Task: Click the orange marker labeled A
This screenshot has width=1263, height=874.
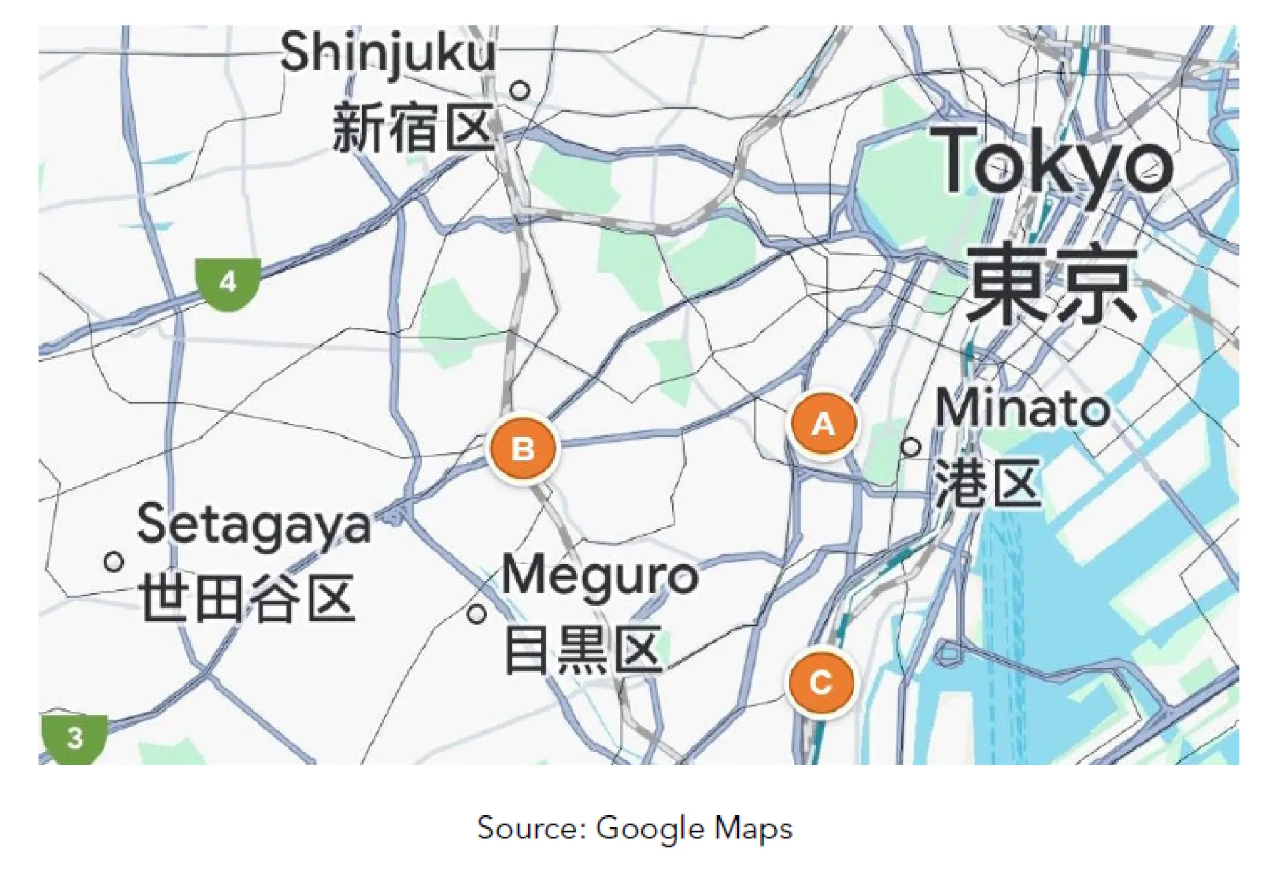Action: pyautogui.click(x=824, y=424)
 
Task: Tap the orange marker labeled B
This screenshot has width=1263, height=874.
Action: pyautogui.click(x=523, y=449)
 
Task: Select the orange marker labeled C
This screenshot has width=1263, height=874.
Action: pyautogui.click(x=821, y=682)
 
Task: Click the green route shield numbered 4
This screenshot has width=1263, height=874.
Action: pyautogui.click(x=228, y=283)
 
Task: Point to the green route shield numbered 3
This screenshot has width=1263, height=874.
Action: pyautogui.click(x=75, y=738)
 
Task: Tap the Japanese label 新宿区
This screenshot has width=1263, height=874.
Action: pyautogui.click(x=412, y=128)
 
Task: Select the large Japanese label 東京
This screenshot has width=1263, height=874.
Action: pyautogui.click(x=1052, y=283)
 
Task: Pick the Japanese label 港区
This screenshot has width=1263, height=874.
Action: pyautogui.click(x=989, y=483)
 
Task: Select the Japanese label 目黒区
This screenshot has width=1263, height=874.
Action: pyautogui.click(x=583, y=650)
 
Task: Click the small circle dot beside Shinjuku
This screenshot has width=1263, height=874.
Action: pyautogui.click(x=520, y=89)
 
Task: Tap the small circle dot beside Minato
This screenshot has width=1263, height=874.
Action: pyautogui.click(x=910, y=447)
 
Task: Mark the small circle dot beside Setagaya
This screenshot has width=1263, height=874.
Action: pyautogui.click(x=114, y=562)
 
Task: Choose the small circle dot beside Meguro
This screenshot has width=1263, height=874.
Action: pyautogui.click(x=477, y=614)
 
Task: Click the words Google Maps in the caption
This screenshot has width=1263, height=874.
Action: pyautogui.click(x=694, y=829)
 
